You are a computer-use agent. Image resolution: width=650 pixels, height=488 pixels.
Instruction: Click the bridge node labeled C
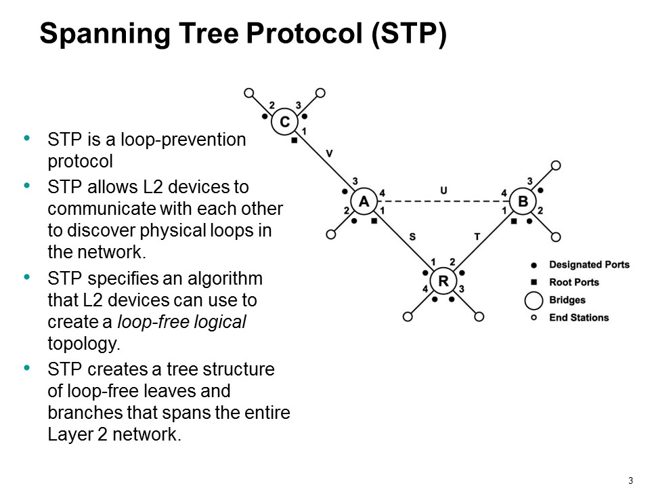(x=285, y=122)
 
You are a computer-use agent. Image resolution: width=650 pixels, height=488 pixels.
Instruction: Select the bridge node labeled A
(x=364, y=201)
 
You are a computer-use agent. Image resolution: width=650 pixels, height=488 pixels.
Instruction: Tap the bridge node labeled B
(x=522, y=201)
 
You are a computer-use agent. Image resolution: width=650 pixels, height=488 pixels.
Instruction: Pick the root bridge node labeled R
(x=443, y=281)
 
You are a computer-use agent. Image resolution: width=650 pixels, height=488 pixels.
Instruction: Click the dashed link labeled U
(x=443, y=201)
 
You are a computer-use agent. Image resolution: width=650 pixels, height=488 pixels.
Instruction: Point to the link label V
(x=329, y=154)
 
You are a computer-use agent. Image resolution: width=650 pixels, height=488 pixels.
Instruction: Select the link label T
(x=477, y=236)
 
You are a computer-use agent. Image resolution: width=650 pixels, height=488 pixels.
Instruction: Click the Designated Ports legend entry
(x=589, y=264)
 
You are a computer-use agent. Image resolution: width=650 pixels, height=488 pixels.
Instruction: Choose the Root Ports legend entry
(x=574, y=282)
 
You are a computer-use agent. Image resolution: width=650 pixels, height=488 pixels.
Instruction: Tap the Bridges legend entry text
(x=567, y=300)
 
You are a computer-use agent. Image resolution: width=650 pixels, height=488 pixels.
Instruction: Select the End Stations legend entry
(x=579, y=317)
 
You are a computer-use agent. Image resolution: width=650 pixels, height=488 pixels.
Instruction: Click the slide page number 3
(x=630, y=481)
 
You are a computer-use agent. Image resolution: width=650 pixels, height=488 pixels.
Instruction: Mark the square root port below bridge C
(x=294, y=141)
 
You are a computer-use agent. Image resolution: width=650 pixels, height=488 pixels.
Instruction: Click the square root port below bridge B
(x=514, y=221)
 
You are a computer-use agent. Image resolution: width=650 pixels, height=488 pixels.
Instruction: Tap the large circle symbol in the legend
(x=534, y=300)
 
